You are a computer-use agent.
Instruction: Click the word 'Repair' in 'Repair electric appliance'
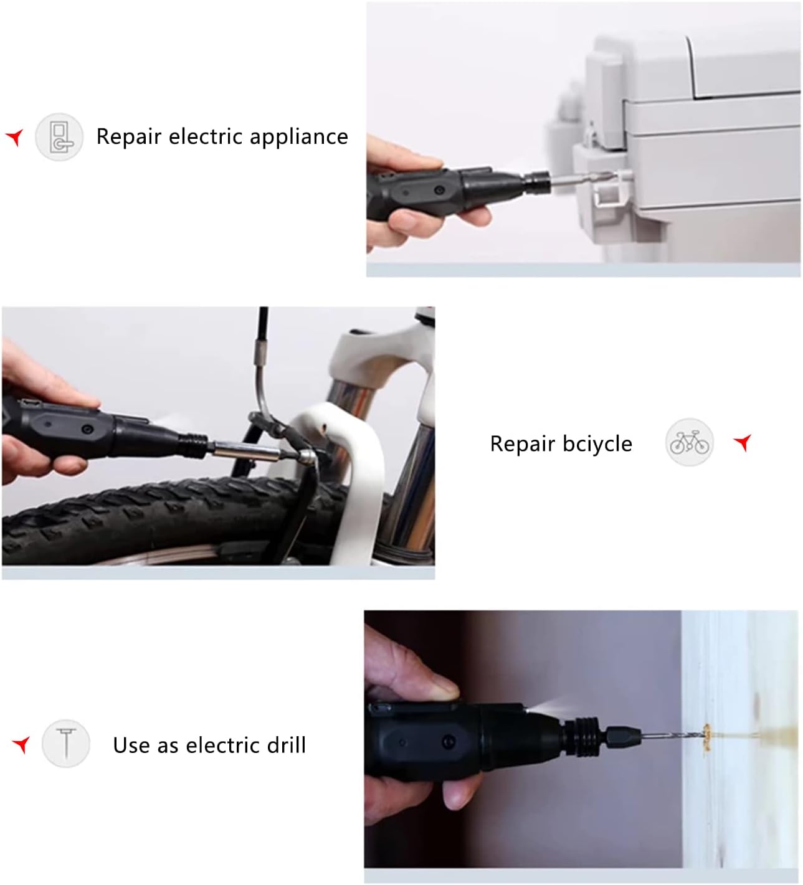point(129,136)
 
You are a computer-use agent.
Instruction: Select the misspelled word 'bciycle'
point(597,443)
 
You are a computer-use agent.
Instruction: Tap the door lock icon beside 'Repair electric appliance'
point(59,137)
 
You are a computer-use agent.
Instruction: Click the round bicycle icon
point(689,443)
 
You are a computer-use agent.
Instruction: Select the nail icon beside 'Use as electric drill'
point(66,743)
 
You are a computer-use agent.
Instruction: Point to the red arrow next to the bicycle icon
point(743,443)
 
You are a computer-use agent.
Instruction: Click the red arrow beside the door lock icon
point(15,137)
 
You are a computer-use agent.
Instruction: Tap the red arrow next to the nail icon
point(22,744)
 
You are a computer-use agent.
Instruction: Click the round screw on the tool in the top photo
point(440,189)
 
